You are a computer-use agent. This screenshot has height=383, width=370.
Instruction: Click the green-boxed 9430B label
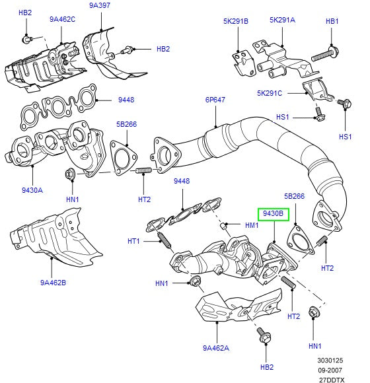click(273, 214)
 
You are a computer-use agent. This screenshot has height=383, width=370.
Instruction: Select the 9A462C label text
click(63, 19)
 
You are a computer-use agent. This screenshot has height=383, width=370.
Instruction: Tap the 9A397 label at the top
click(100, 6)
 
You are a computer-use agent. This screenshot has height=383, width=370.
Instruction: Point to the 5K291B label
click(235, 21)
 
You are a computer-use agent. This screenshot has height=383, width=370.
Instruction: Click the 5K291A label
click(282, 20)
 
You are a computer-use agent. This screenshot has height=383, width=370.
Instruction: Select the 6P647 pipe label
click(215, 100)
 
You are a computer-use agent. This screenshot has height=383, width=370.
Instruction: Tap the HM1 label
click(252, 225)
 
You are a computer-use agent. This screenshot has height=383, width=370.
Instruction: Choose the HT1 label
click(133, 241)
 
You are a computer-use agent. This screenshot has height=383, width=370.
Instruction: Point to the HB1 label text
click(332, 21)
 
